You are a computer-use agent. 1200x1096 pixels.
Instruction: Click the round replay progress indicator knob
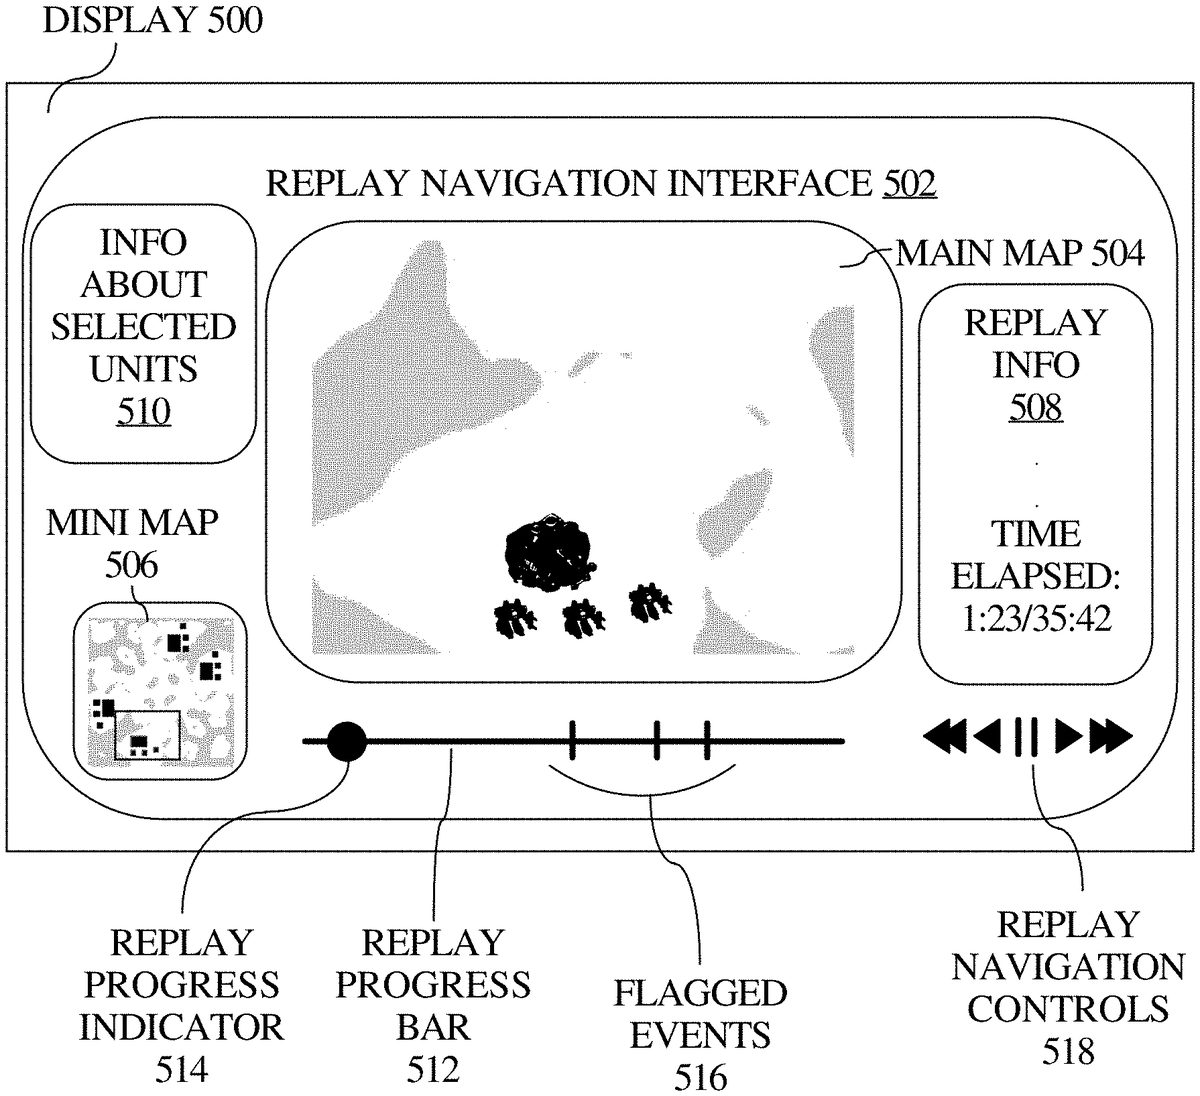pos(347,741)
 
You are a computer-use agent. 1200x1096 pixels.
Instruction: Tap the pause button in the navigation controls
pos(1026,738)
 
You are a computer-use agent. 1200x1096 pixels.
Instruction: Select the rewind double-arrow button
pos(944,738)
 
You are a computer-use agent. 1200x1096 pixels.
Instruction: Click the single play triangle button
pos(1068,738)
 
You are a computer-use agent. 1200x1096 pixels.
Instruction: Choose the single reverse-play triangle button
pos(988,738)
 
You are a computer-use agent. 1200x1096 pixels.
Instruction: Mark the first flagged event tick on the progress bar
pos(572,741)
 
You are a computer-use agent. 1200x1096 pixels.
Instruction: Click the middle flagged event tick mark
pos(657,741)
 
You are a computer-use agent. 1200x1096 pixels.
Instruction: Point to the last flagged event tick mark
pos(706,741)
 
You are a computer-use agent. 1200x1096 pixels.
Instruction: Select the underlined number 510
pos(143,412)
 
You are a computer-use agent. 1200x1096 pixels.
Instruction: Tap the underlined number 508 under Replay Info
pos(1035,407)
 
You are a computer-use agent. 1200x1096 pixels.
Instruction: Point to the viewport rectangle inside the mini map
pos(146,735)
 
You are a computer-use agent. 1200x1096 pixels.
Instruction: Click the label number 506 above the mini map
pos(131,565)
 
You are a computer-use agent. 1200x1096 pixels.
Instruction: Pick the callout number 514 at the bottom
pos(181,1070)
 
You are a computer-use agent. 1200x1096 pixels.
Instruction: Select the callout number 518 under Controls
pos(1068,1050)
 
